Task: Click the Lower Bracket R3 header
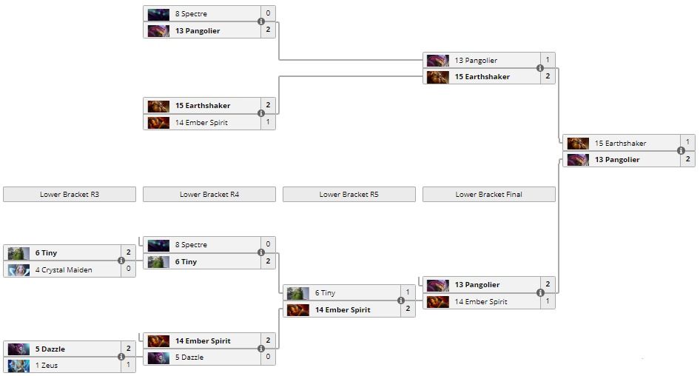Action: click(70, 195)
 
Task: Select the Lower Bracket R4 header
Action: click(209, 195)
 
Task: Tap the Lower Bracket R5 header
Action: click(349, 195)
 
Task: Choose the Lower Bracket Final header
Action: click(488, 195)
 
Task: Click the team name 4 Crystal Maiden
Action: click(64, 270)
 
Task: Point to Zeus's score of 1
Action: click(128, 366)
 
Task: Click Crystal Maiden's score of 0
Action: click(128, 270)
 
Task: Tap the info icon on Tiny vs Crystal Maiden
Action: click(121, 261)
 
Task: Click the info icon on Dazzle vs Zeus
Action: click(121, 357)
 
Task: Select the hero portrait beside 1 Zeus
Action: click(18, 366)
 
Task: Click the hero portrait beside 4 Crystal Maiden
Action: click(18, 270)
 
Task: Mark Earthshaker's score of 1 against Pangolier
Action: click(687, 143)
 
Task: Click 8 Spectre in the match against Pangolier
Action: click(191, 14)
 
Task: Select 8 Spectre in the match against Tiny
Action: click(191, 245)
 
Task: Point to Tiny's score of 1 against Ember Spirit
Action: click(408, 293)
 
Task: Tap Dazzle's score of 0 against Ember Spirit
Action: click(268, 357)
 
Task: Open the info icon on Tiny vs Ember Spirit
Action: click(401, 301)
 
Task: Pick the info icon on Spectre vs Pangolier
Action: click(261, 22)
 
